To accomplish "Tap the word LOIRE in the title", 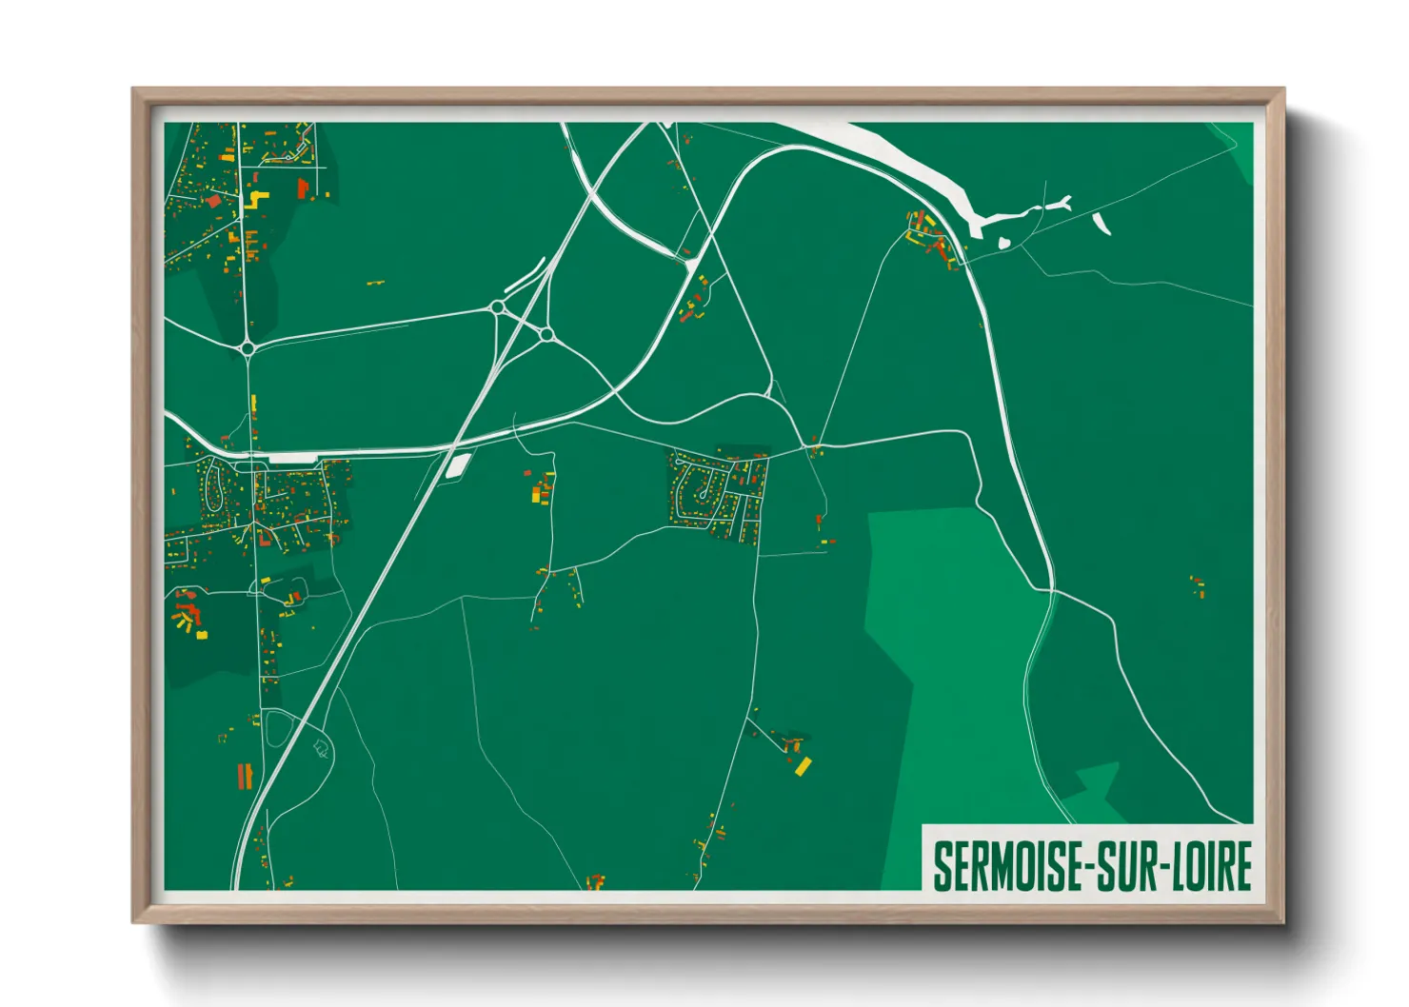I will point(1211,866).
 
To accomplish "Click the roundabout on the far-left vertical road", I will point(248,348).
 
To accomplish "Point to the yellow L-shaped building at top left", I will point(256,199).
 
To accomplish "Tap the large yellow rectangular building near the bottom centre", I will point(804,765).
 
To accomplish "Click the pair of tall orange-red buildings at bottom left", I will point(245,776).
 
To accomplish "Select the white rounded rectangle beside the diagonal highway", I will point(459,465).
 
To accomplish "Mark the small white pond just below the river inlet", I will point(1003,243).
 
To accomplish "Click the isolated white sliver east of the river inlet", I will point(1102,224).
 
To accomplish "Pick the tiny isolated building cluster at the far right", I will point(1198,585).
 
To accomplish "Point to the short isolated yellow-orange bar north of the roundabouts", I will point(376,283).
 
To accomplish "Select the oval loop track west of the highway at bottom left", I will point(277,729).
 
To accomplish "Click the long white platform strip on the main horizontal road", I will point(291,458).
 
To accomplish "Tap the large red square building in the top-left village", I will point(214,202).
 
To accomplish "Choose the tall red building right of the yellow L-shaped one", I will point(303,188).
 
